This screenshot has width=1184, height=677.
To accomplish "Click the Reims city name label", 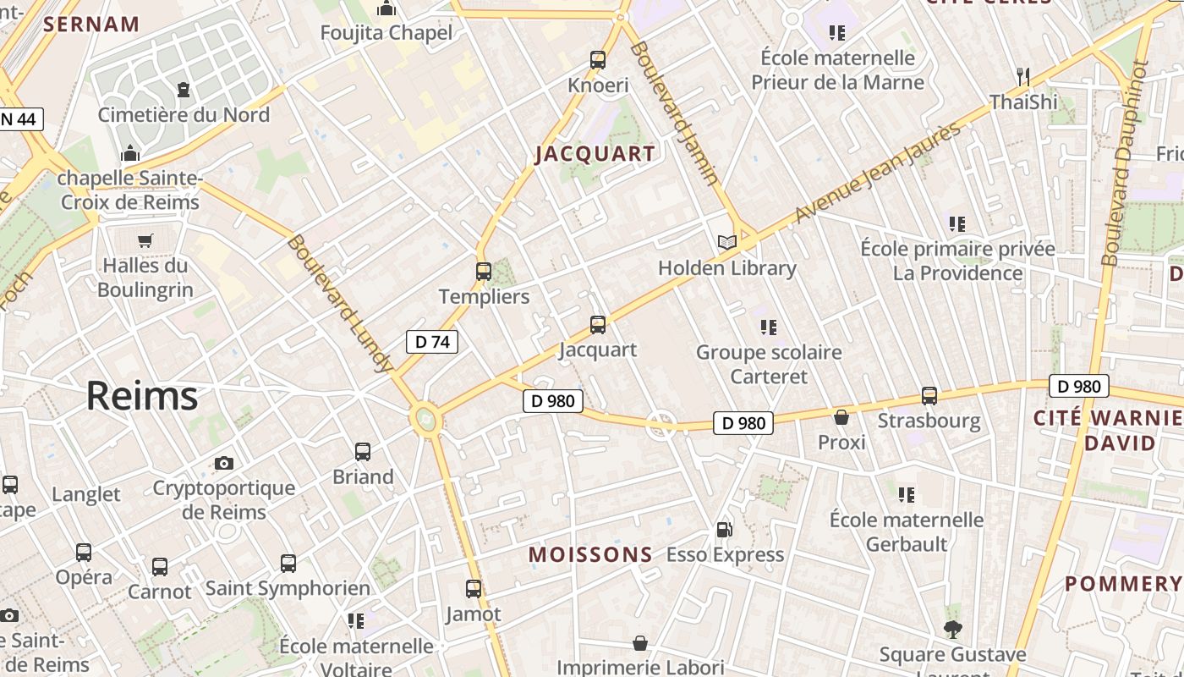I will click(x=142, y=396).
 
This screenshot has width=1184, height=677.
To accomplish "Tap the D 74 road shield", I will click(x=432, y=342).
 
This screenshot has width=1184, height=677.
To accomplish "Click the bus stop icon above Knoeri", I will click(x=598, y=60).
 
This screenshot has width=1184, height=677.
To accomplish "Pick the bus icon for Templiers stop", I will click(x=484, y=272).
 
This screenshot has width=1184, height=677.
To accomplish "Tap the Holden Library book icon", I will click(x=726, y=242).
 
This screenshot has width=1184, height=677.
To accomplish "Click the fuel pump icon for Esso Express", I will click(x=724, y=530).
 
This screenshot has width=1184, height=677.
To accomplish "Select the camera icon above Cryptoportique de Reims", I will click(x=224, y=463).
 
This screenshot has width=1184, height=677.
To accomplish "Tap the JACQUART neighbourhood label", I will click(x=595, y=154).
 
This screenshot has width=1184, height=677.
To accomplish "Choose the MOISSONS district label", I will click(x=590, y=555).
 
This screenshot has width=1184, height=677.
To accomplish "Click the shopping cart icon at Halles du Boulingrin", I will click(x=145, y=241).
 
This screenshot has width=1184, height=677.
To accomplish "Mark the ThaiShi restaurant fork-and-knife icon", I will click(x=1023, y=77).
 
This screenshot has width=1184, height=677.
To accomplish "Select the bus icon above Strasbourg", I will click(x=929, y=396).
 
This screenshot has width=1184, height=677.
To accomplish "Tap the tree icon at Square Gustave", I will click(x=953, y=630).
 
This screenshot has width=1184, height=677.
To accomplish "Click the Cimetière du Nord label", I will click(x=184, y=115).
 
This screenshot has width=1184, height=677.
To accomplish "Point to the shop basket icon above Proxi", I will click(x=841, y=417).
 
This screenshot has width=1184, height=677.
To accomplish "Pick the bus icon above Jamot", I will click(x=474, y=589).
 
